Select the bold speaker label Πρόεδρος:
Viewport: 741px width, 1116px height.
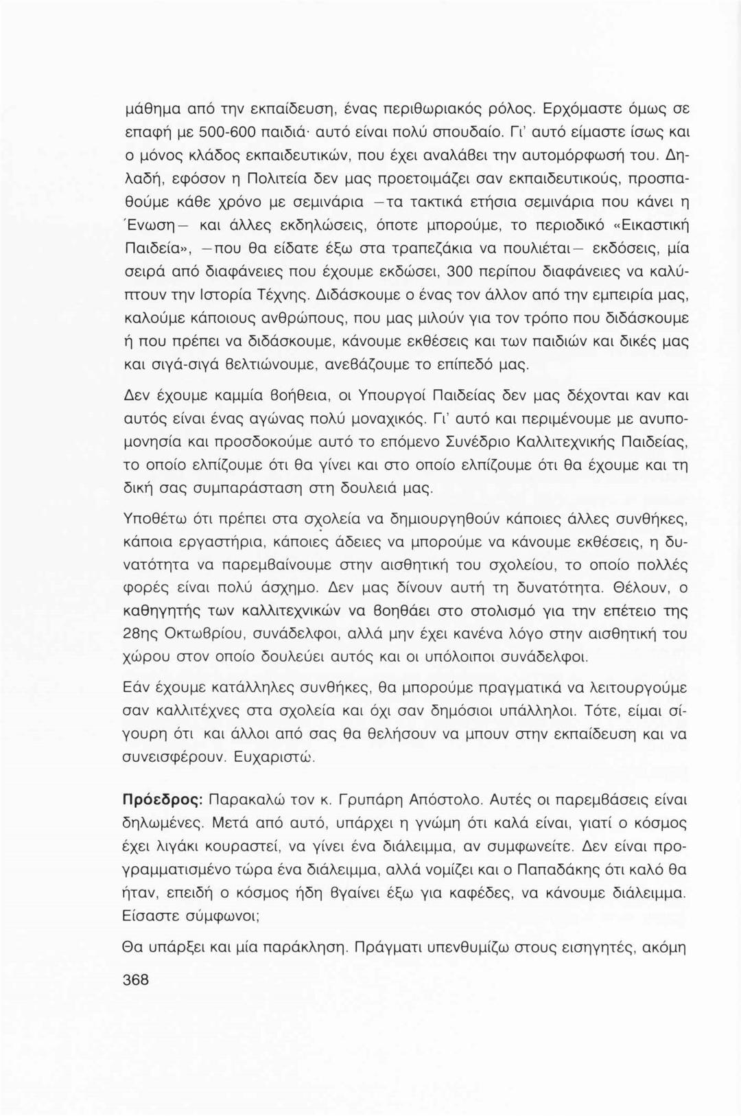click(161, 801)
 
